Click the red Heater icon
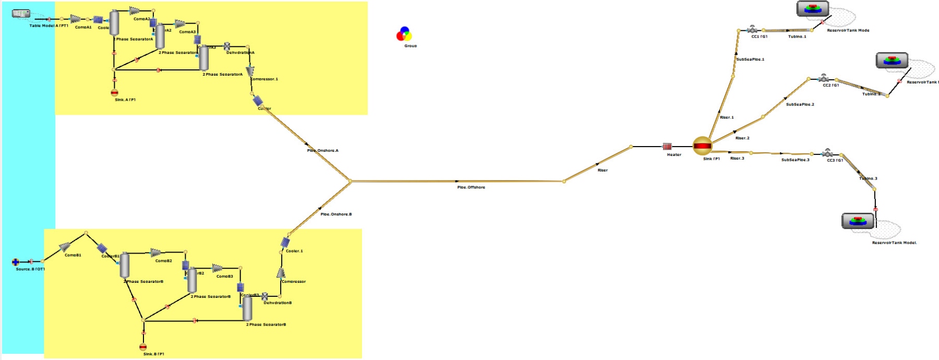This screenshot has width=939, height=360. (667, 147)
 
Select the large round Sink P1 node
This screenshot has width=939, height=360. (702, 146)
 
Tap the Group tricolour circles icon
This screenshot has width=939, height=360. (404, 34)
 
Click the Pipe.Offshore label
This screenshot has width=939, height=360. (471, 187)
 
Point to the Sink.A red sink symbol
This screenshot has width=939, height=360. (115, 93)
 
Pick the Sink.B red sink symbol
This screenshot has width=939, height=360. (143, 347)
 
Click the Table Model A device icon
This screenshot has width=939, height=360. (21, 14)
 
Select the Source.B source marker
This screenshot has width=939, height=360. (16, 262)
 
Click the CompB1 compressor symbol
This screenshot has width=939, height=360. (65, 246)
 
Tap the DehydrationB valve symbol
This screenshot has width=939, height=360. (265, 296)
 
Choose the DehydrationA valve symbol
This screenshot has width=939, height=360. (227, 46)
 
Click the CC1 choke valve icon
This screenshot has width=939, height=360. (752, 29)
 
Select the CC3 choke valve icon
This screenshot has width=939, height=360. (827, 153)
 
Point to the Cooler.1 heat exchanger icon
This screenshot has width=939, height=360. (285, 243)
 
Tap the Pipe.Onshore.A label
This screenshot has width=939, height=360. (322, 151)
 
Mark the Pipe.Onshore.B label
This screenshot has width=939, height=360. (336, 214)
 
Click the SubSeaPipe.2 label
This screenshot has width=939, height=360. (800, 104)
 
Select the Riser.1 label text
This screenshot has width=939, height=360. (727, 117)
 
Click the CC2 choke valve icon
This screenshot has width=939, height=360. (824, 78)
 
